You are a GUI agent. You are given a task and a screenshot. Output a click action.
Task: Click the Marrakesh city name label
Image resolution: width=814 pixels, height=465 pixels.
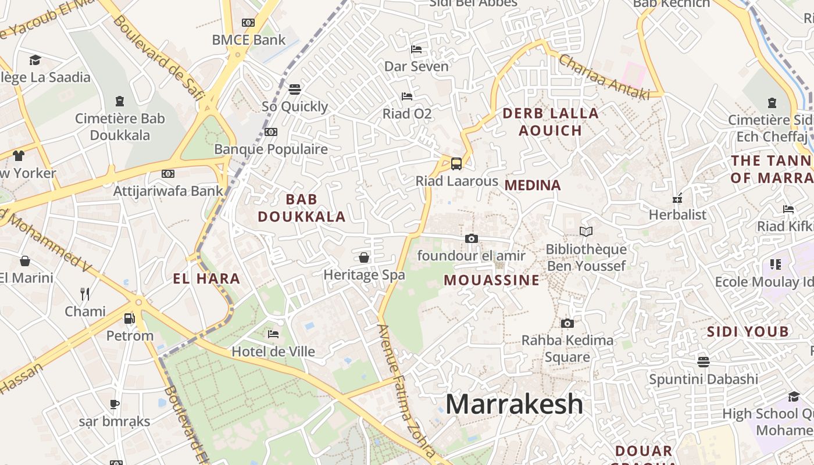tap(514, 404)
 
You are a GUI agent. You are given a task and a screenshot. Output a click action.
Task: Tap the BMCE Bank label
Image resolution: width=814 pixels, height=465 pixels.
tap(248, 40)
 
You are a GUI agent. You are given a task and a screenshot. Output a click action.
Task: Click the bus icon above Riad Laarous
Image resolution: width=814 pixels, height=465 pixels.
tap(456, 164)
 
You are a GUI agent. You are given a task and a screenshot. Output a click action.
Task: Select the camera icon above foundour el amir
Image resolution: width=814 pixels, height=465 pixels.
tap(472, 238)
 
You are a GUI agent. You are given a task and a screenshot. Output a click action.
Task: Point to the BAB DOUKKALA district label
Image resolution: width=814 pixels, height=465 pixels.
tap(302, 208)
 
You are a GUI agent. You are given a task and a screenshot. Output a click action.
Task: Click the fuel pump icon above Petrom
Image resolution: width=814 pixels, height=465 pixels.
tap(130, 319)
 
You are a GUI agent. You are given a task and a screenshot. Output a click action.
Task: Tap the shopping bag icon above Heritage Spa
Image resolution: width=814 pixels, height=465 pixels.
tap(364, 257)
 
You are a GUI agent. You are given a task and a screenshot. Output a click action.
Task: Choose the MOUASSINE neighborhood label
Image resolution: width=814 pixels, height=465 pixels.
tap(492, 280)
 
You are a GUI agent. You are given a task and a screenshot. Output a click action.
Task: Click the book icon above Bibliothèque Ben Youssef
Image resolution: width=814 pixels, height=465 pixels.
tap(586, 232)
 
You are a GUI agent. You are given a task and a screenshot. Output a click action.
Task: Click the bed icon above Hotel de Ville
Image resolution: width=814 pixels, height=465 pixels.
tap(273, 334)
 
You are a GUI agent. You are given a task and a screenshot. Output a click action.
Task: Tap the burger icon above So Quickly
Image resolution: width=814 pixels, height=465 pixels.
tap(295, 90)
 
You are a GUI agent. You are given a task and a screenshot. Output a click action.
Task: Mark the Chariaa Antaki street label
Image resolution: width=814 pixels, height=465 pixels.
tap(604, 77)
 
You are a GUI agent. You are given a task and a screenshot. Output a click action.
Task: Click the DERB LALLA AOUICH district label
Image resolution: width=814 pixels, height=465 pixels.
tap(550, 121)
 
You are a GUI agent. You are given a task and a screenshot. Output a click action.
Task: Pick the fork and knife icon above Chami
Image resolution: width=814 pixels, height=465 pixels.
tap(85, 294)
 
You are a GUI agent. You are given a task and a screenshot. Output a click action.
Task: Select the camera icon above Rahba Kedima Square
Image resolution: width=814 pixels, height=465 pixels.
tap(567, 323)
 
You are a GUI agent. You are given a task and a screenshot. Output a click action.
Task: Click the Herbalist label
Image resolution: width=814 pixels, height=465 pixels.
tap(677, 214)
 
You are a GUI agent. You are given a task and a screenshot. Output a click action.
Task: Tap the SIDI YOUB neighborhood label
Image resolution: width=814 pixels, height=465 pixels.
tap(748, 332)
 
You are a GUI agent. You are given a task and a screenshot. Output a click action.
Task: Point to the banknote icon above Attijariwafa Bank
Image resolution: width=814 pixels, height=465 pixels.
tap(168, 174)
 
